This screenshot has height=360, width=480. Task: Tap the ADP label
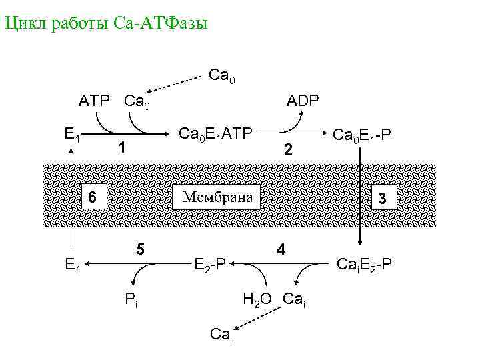point(303,101)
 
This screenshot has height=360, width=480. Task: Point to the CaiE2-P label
point(363,265)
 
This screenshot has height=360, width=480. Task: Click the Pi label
point(132,298)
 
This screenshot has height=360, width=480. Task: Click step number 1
point(121,147)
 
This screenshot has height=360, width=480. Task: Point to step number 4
point(281,250)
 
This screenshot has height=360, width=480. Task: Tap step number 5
point(140,248)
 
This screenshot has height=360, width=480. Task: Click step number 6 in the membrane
point(93,197)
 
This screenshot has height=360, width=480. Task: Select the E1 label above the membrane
point(73,135)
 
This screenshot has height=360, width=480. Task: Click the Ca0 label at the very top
point(221,75)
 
